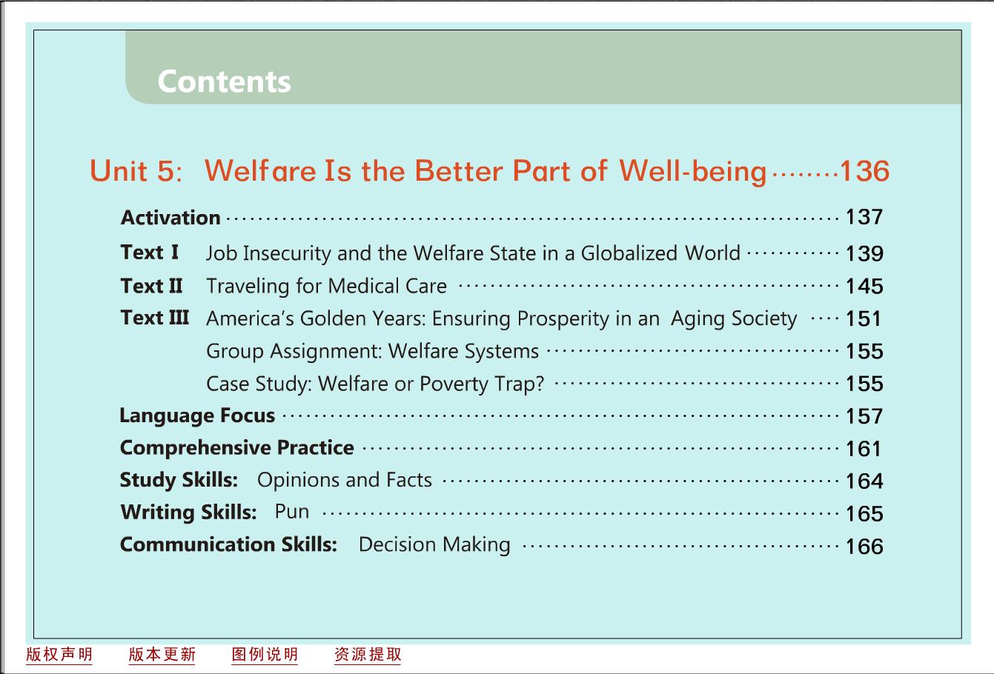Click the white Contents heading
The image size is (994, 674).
coord(224,81)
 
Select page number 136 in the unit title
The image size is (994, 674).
coord(864,170)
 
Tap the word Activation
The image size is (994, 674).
coord(170,218)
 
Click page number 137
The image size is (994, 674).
coord(864,217)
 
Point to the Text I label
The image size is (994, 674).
coord(150,253)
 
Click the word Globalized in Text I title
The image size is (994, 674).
coord(629,253)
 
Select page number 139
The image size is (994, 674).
coord(864,253)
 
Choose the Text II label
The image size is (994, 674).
coord(151,286)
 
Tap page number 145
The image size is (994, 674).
coord(864,286)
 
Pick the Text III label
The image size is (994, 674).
coord(155,318)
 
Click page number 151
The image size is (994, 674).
coord(863,318)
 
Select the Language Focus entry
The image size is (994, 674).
coord(197,416)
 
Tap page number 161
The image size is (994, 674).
coord(863,449)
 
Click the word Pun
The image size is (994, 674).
coord(291,512)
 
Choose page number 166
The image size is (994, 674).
coord(864,547)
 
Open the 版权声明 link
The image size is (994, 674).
coord(59,655)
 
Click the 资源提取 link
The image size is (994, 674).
coord(368,655)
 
